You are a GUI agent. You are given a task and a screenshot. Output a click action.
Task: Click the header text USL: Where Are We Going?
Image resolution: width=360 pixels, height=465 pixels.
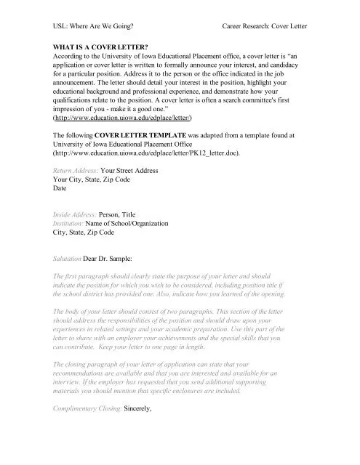coord(96,25)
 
